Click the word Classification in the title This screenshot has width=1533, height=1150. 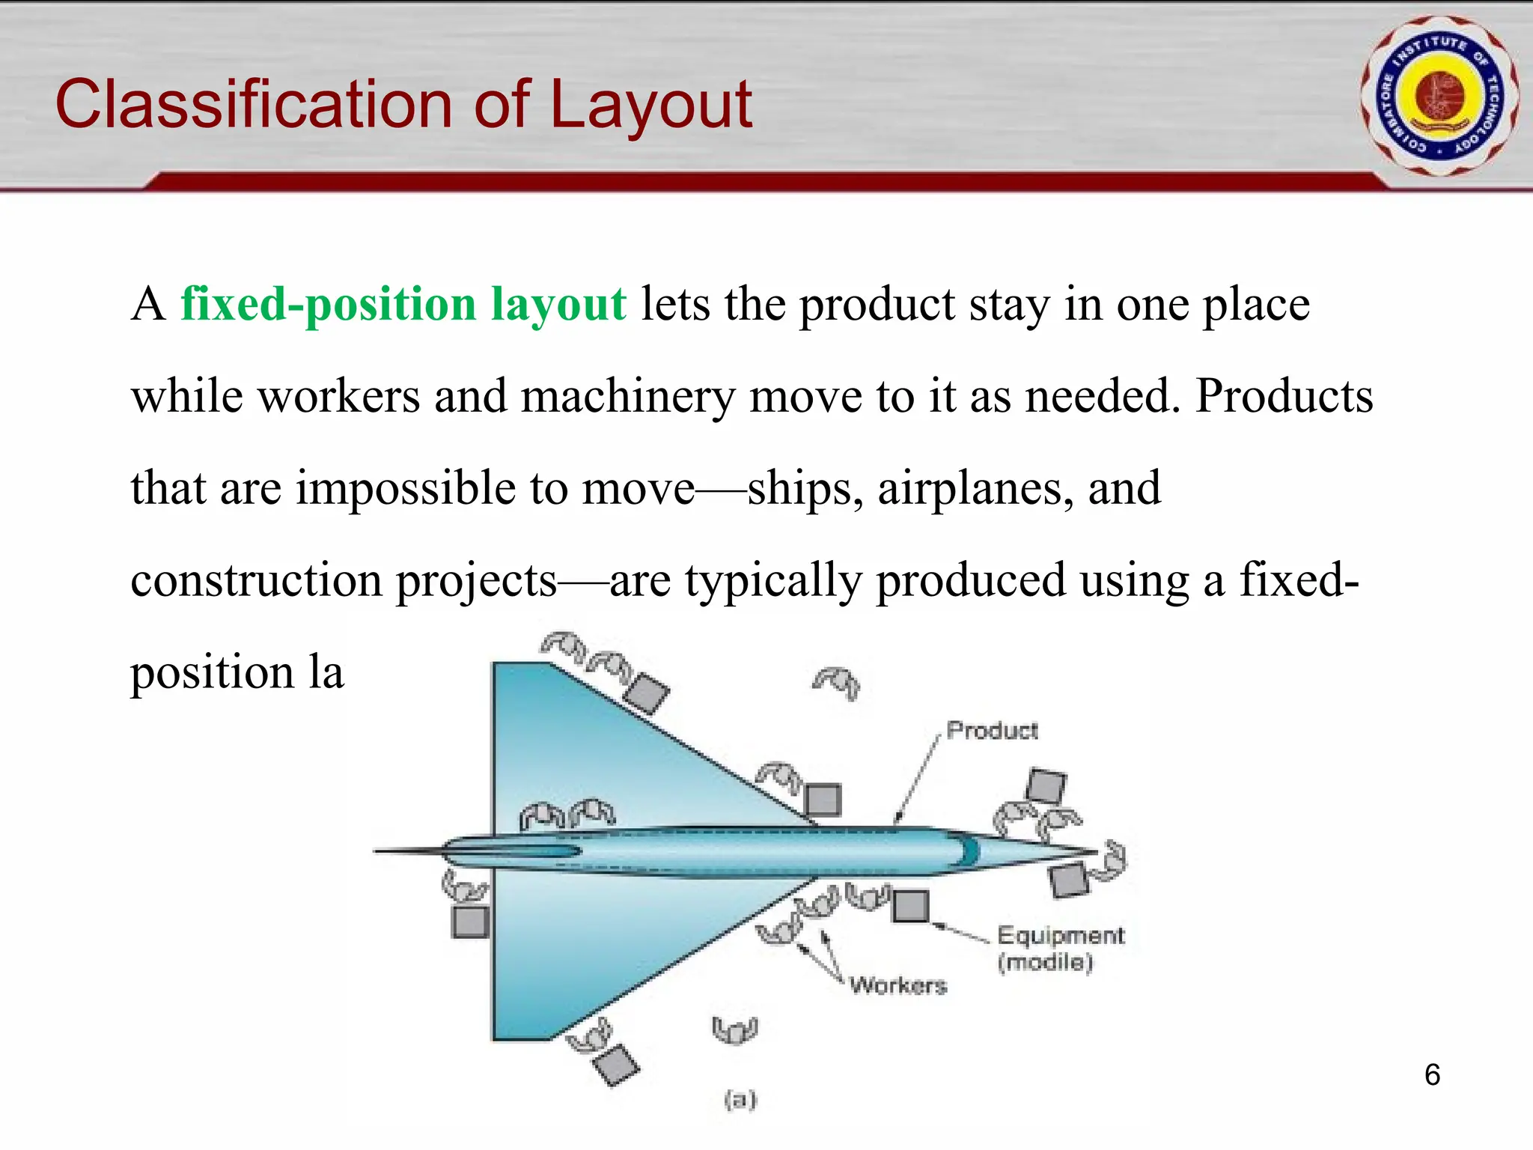(x=255, y=105)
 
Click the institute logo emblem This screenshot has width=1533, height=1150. (x=1439, y=97)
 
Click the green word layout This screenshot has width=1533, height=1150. (x=558, y=305)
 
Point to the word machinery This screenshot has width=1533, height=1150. (x=627, y=397)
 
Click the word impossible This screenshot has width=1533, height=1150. (x=405, y=488)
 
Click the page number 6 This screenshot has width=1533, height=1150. (x=1432, y=1075)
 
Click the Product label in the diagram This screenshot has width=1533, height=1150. (x=992, y=730)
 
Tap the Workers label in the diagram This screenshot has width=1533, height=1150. (x=898, y=985)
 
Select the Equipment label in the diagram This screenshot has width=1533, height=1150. (x=1061, y=936)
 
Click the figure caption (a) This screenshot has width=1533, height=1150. (x=740, y=1099)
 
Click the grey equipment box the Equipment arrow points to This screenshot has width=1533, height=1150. (x=911, y=906)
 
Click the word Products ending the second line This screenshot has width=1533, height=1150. (x=1284, y=397)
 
